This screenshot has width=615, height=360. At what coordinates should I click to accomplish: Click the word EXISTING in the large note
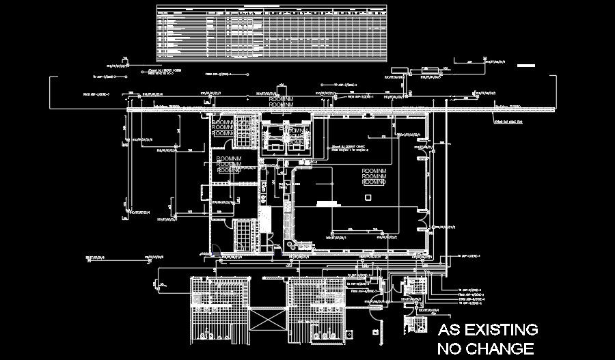498,330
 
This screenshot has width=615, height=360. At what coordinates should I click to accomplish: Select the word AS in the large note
448,330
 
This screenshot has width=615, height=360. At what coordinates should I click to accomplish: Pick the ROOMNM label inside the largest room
374,177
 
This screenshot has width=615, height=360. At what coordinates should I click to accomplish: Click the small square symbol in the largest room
368,198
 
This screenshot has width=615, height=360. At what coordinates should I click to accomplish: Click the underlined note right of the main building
508,122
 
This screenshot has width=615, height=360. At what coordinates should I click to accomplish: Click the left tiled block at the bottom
215,311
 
